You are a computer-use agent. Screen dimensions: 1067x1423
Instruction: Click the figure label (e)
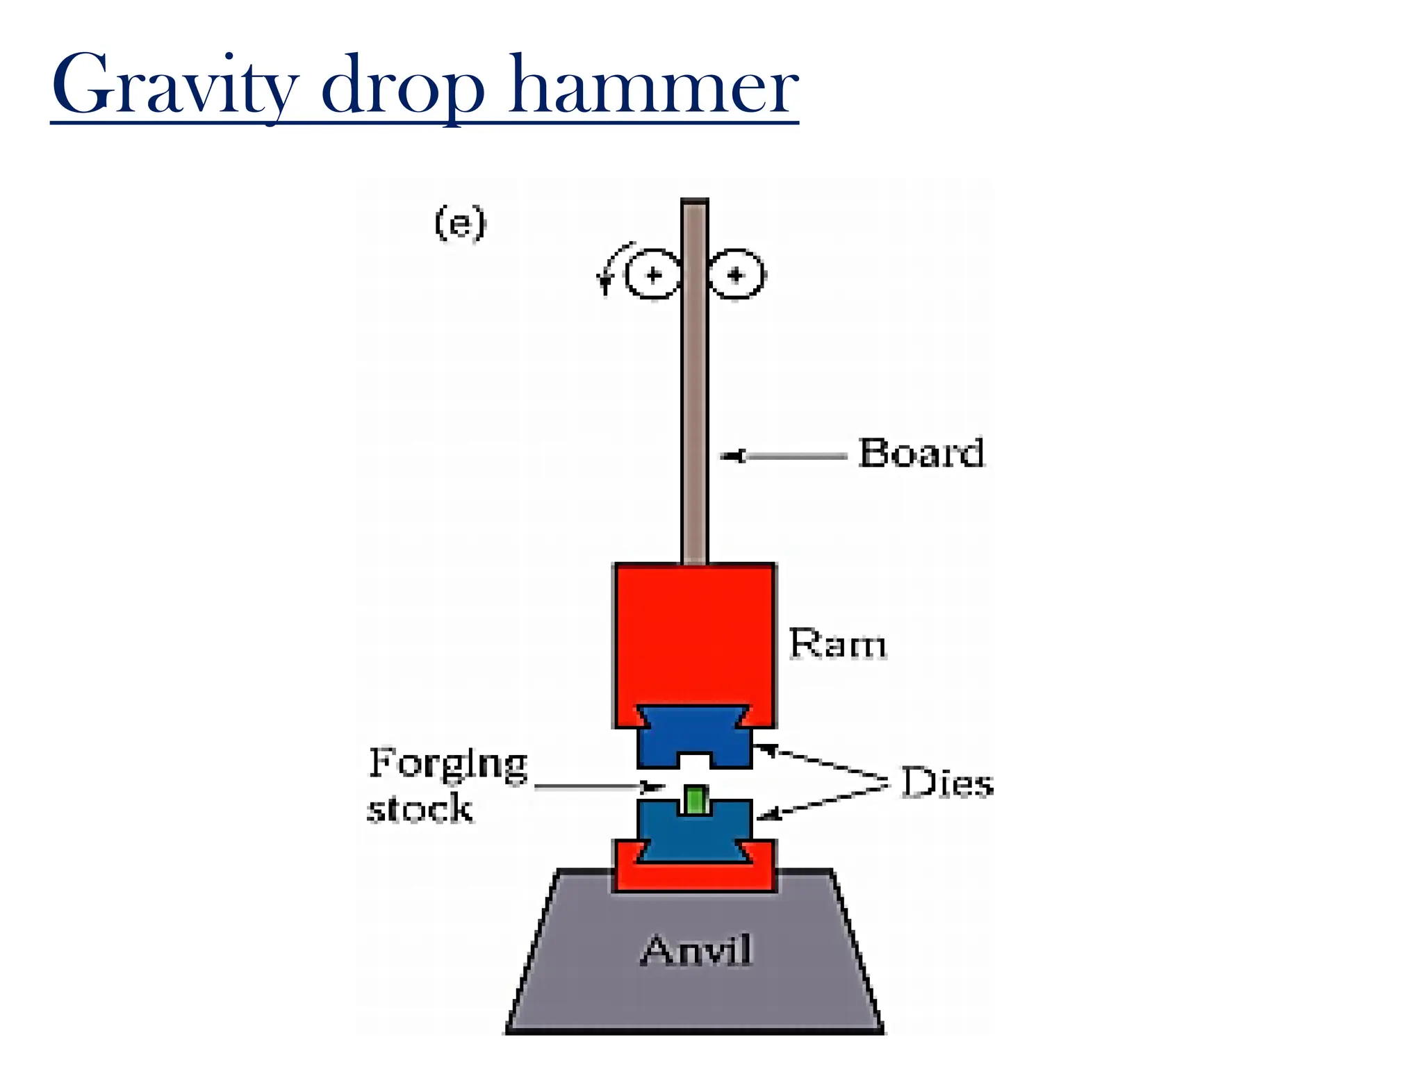coord(460,223)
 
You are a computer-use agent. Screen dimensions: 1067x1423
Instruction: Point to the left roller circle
coord(652,275)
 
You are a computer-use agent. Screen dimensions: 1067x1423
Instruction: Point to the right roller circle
coord(737,275)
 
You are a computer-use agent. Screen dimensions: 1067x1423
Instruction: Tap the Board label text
coord(921,453)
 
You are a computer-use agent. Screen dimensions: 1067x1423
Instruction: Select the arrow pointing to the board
coord(782,456)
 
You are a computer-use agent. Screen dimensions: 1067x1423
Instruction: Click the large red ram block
coord(694,636)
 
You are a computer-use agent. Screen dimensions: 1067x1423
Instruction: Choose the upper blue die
coord(694,736)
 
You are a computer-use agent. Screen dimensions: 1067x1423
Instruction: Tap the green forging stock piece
coord(695,799)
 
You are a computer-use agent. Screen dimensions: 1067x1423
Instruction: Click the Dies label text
coord(947,783)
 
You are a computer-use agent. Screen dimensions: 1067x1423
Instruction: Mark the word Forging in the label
coord(448,764)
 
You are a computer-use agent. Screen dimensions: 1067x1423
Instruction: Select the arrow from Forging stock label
coord(598,786)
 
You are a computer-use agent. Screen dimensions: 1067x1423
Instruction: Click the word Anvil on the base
coord(696,950)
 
